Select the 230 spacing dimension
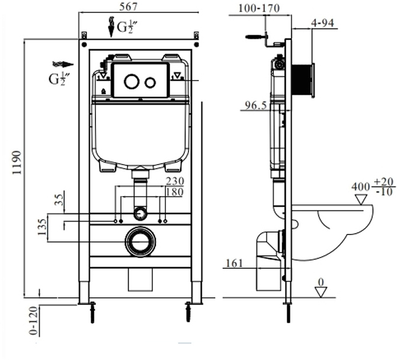(x=175, y=181)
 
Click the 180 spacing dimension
(x=175, y=192)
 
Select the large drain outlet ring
(x=140, y=240)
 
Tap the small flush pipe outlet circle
(x=140, y=212)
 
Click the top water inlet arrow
(x=111, y=27)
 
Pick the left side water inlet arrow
(x=62, y=64)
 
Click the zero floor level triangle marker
(x=321, y=291)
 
